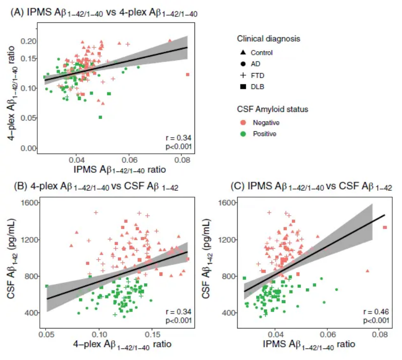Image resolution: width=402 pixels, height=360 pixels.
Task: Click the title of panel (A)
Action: [104, 15]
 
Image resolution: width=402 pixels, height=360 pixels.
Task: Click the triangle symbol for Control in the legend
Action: [242, 52]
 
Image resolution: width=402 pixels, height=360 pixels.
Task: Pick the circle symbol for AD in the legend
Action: [242, 64]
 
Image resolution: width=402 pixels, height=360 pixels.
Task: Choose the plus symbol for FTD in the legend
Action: [242, 76]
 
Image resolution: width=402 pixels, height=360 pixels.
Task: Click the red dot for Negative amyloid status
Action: [242, 123]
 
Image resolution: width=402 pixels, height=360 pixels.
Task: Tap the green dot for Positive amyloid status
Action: [242, 134]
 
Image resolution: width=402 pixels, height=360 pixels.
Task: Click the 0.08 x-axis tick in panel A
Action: [182, 158]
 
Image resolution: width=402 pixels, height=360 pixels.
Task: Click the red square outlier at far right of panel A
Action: [188, 74]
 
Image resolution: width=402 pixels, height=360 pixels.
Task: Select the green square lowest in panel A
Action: [100, 117]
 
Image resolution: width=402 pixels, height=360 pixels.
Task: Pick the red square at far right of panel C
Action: [385, 227]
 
